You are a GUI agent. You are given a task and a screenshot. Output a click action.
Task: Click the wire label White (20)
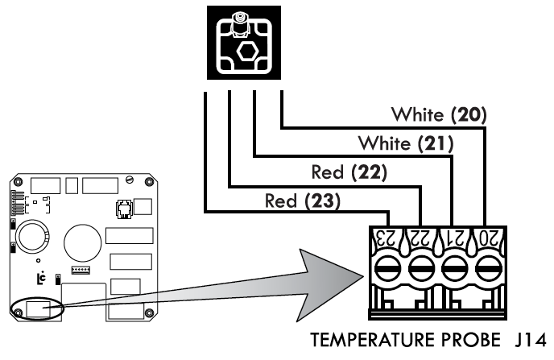tap(439, 114)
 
